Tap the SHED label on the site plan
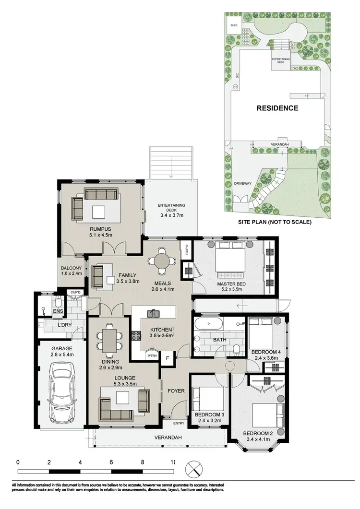[x=234, y=24]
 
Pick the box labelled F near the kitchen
[x=168, y=357]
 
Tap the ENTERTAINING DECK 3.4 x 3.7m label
[x=172, y=209]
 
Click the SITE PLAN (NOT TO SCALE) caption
[x=275, y=222]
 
